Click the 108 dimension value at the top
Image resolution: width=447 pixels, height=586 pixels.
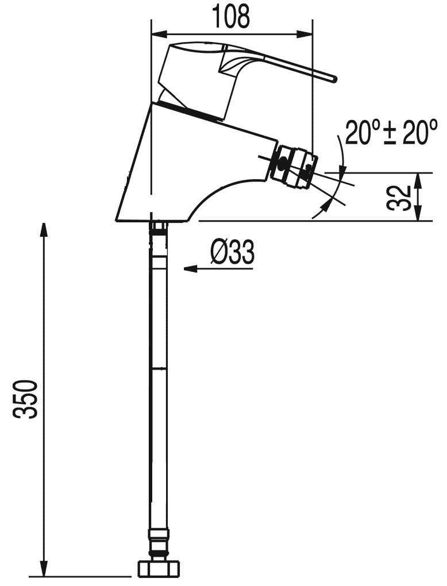pos(230,17)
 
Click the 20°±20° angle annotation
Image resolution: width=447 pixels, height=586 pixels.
pos(391,133)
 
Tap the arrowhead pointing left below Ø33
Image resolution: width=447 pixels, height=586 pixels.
pos(190,269)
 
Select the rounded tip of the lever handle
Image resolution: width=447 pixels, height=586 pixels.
pos(334,79)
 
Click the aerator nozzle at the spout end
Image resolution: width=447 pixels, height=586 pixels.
pos(295,166)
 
